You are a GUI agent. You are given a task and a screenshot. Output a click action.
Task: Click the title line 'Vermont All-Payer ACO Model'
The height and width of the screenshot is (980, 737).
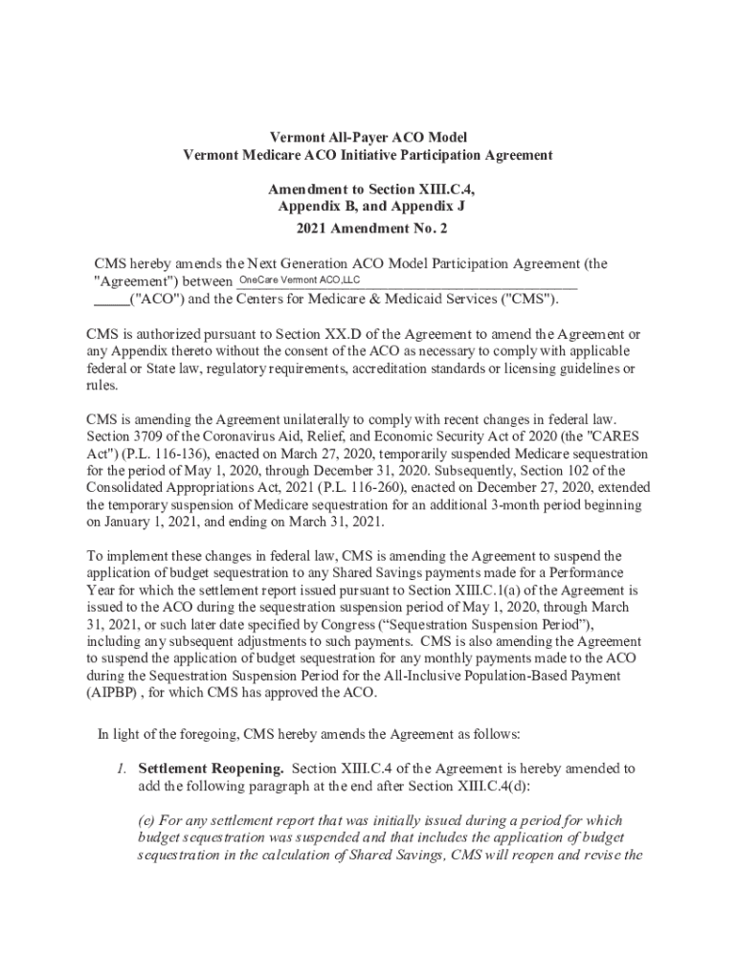[x=368, y=138]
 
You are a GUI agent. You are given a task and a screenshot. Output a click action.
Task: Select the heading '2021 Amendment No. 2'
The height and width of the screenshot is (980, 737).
[x=368, y=229]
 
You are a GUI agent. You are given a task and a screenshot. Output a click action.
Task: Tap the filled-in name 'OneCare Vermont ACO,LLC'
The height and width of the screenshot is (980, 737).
[x=299, y=279]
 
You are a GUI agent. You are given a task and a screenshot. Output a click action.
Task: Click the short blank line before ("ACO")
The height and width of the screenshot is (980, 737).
[x=110, y=299]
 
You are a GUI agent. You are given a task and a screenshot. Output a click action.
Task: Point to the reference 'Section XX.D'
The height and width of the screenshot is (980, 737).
[x=315, y=335]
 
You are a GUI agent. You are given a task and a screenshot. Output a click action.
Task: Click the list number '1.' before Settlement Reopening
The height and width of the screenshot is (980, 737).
[x=122, y=768]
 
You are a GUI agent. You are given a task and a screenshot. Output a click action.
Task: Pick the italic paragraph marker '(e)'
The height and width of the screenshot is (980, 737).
[x=148, y=821]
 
